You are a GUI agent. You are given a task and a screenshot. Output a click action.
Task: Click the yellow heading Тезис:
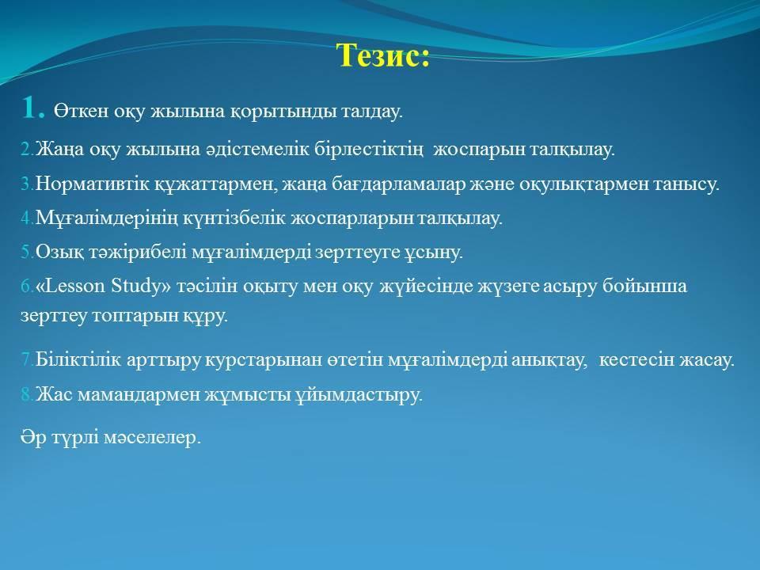tap(383, 55)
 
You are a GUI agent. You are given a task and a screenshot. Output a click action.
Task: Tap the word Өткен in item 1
tap(81, 111)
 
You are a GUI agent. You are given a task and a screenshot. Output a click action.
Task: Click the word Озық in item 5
tap(59, 252)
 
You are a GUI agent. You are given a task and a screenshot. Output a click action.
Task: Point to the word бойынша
tap(644, 286)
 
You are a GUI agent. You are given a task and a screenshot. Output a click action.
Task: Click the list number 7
tap(27, 359)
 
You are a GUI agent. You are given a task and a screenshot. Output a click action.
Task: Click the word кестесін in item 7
tap(636, 359)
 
